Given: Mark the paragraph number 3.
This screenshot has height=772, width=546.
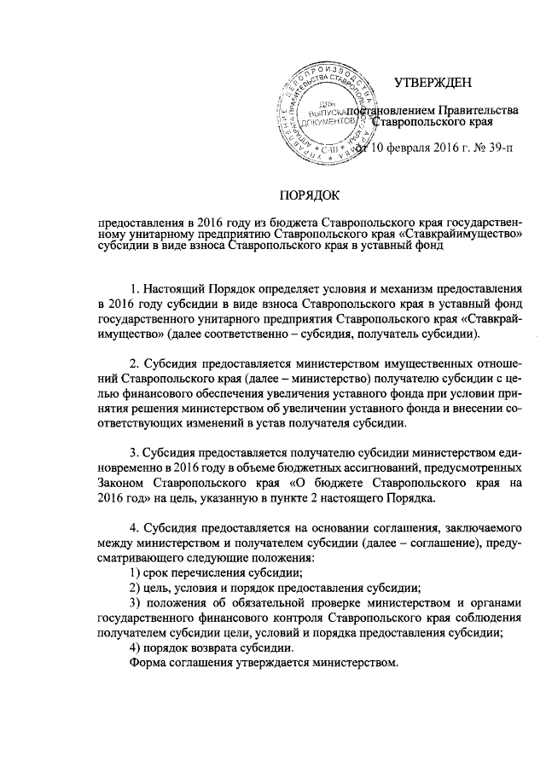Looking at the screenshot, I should [x=134, y=452].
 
